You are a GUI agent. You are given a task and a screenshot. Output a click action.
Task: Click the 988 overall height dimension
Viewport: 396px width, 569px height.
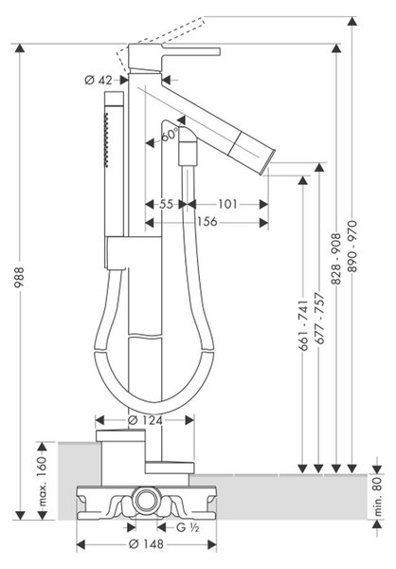[19, 277]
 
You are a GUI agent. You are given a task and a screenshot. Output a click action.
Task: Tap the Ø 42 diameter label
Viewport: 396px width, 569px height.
[99, 80]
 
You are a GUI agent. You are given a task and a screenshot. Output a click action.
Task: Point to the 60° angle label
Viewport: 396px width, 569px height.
[170, 135]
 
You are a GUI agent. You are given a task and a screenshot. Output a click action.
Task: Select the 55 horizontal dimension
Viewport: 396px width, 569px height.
[167, 204]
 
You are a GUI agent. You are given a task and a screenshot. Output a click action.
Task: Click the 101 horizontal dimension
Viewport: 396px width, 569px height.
[227, 204]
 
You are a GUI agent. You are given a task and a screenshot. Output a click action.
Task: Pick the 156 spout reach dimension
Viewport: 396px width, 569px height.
[207, 221]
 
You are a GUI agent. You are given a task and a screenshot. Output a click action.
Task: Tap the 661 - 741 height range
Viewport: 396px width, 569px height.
[303, 325]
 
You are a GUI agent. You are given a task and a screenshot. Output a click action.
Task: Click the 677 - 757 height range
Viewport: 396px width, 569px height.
[319, 319]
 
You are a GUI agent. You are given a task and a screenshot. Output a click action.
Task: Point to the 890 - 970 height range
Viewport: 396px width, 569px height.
[351, 246]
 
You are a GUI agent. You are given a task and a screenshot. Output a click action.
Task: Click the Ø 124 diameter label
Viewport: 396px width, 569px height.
[145, 420]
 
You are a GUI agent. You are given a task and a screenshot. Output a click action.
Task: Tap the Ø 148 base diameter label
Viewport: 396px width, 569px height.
[147, 544]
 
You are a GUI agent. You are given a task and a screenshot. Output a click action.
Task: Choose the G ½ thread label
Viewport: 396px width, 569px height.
[188, 527]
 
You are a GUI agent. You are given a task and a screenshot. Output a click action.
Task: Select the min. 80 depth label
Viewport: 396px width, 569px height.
[377, 496]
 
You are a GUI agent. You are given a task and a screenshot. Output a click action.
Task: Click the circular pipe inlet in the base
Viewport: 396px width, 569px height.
[146, 500]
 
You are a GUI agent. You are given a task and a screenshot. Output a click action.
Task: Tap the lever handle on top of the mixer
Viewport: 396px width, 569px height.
[190, 51]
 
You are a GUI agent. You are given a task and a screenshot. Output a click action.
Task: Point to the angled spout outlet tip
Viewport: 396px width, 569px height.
[271, 158]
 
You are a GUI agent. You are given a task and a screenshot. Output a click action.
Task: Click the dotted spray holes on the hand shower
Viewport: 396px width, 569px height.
[106, 139]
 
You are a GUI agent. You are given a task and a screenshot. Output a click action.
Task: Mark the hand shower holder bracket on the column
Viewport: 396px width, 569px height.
[116, 252]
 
